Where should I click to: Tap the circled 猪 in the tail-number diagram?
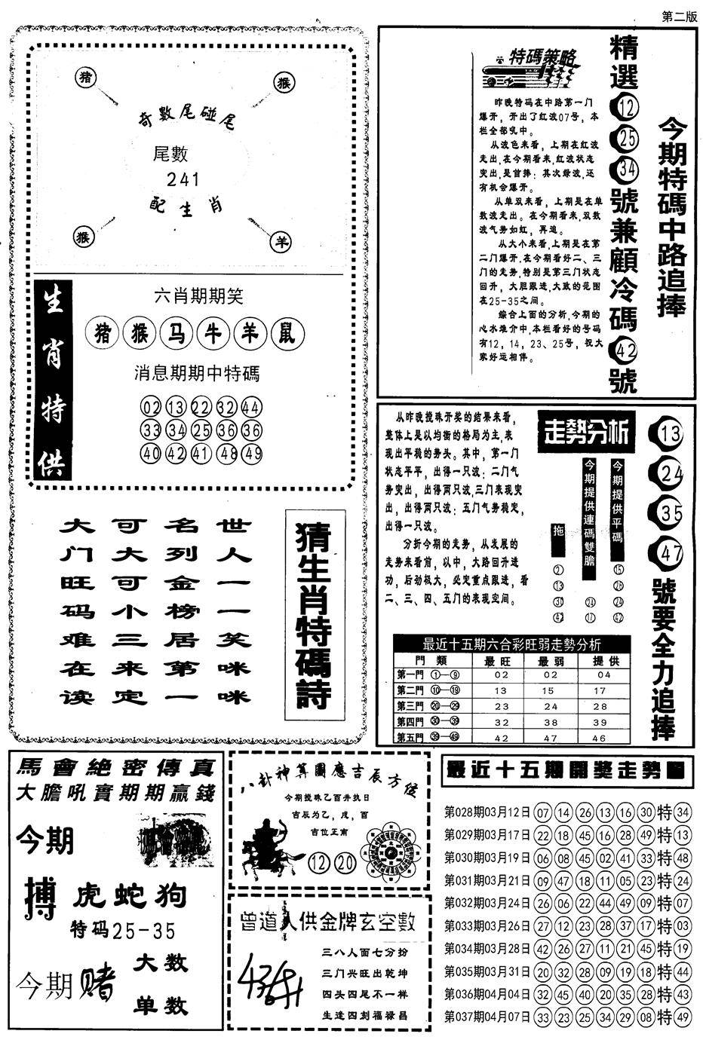(x=84, y=78)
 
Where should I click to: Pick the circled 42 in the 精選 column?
(x=625, y=349)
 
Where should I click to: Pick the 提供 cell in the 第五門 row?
(x=600, y=738)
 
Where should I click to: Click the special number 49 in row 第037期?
(x=683, y=1016)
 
